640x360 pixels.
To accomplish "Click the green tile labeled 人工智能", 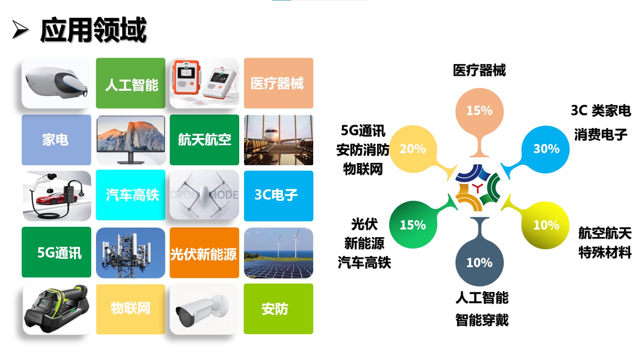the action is click(x=130, y=83).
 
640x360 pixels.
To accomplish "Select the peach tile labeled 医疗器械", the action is click(x=278, y=83).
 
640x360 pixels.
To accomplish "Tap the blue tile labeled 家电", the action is click(x=56, y=140).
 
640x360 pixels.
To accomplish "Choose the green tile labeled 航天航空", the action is click(x=204, y=140).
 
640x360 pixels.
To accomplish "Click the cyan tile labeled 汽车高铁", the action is click(x=130, y=195).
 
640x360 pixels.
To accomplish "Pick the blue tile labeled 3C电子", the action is click(x=278, y=196).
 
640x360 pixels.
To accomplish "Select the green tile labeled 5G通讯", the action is click(x=56, y=252).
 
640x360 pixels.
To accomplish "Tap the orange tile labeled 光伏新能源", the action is click(x=204, y=252).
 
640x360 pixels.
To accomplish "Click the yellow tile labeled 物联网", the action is click(x=130, y=309).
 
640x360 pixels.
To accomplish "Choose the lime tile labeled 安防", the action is click(x=278, y=308).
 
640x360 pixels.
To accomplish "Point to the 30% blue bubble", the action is click(x=545, y=149).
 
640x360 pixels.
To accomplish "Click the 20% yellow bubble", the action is click(x=413, y=149).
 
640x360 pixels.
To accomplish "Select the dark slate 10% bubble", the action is click(x=480, y=262).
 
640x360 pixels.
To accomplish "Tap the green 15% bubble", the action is click(x=413, y=224).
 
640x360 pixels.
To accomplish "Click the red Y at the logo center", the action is click(x=477, y=188).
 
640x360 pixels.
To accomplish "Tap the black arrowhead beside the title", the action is click(x=20, y=30).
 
